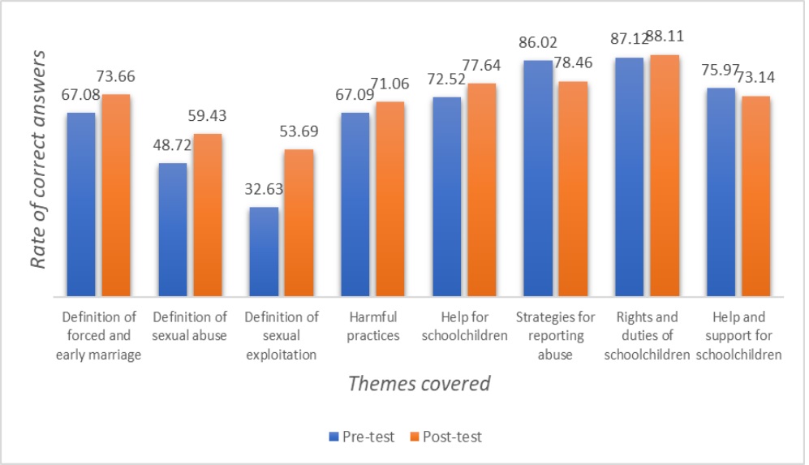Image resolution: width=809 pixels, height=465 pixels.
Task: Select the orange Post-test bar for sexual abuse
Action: pos(207,215)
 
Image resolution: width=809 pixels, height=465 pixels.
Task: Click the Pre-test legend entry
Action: pos(362,437)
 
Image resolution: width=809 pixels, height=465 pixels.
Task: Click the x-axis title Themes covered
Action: pos(420,383)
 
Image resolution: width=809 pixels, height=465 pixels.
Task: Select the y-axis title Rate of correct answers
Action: pos(37,158)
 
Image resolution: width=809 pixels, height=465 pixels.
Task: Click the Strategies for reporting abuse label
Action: pos(555,335)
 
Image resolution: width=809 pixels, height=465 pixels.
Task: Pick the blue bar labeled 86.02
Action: pos(537,179)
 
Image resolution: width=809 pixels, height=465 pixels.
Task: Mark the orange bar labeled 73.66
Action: pos(115,195)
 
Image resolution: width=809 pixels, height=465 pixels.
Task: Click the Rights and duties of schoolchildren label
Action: pos(646,335)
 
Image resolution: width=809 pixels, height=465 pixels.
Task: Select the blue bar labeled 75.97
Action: pos(721,192)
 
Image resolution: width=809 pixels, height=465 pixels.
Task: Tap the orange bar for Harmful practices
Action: pos(389,199)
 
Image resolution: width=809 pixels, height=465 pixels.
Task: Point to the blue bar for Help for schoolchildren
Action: pos(446,196)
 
